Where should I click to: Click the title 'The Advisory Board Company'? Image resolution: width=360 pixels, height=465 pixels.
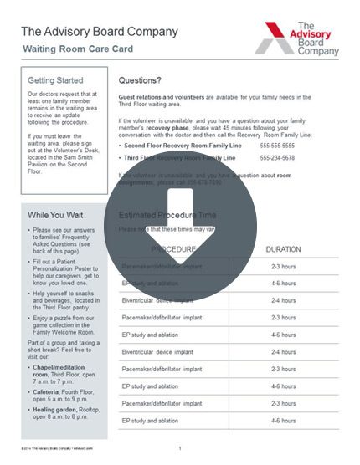[99, 32]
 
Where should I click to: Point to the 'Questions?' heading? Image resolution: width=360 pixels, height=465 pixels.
[140, 81]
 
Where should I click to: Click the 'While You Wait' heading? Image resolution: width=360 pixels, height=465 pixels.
[55, 215]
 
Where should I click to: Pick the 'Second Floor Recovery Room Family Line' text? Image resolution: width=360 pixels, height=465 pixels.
[177, 145]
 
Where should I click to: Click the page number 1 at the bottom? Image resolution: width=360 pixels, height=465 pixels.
[179, 448]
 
